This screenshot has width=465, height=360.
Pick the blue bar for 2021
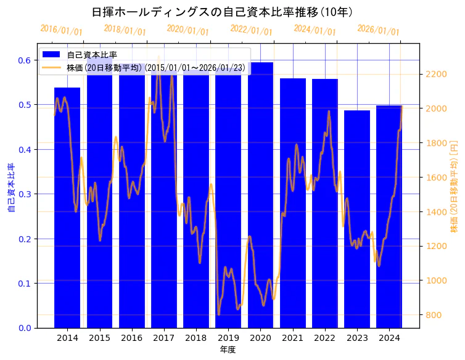click(x=293, y=203)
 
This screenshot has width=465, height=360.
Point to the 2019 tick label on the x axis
click(x=228, y=338)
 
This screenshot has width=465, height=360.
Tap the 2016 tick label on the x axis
click(x=131, y=338)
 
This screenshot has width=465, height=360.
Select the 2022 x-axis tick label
click(x=325, y=338)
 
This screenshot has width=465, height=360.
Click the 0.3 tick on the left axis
click(x=25, y=194)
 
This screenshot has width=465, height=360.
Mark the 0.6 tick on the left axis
click(x=25, y=60)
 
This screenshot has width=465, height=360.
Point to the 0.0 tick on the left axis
click(x=25, y=328)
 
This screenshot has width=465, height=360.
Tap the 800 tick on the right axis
click(x=433, y=315)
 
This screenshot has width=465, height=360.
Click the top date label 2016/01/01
click(x=61, y=30)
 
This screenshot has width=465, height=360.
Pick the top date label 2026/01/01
click(x=378, y=30)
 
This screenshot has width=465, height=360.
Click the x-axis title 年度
click(x=228, y=350)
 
